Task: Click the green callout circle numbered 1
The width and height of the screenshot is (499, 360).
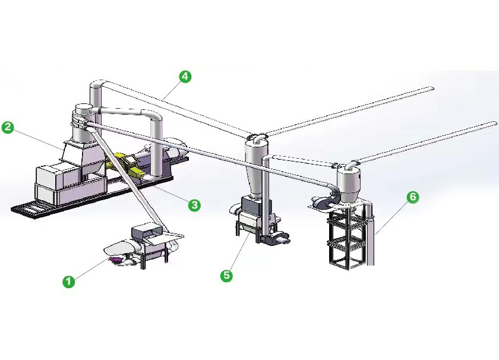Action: (x=69, y=282)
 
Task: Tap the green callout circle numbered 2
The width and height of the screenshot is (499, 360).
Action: (x=8, y=127)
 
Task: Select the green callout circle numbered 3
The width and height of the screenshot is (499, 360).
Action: (x=194, y=205)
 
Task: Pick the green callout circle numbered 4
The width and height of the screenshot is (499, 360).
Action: (x=185, y=77)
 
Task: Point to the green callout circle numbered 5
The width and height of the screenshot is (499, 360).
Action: (x=226, y=275)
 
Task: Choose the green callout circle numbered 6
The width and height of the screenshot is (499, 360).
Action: (x=412, y=197)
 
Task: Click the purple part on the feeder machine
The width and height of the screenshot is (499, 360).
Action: (x=115, y=260)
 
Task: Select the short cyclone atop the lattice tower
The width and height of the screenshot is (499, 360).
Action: (x=348, y=184)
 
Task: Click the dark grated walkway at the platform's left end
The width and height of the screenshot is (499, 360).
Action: (x=30, y=210)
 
